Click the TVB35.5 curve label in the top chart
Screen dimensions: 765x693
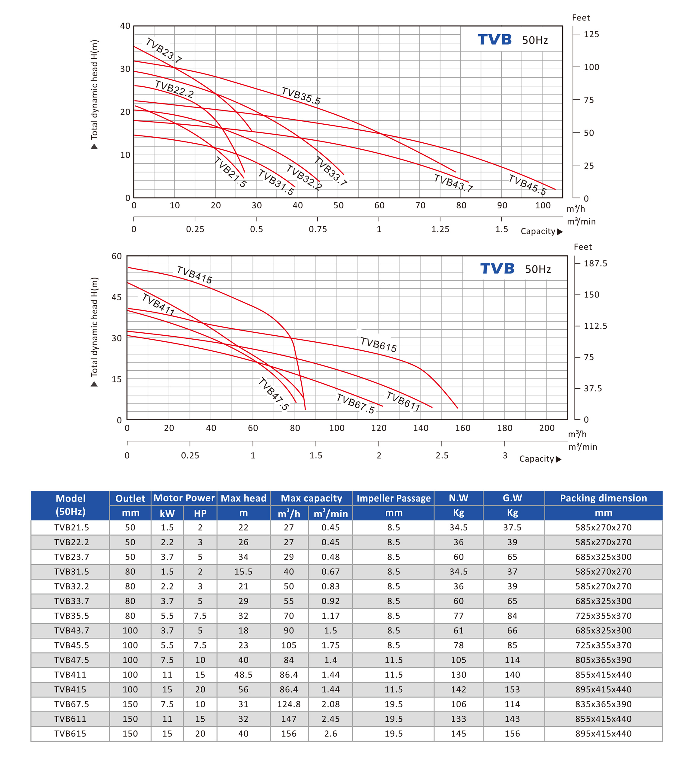[x=301, y=95]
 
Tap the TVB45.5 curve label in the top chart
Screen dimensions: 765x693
[x=527, y=185]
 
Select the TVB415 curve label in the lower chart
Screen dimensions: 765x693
[x=194, y=275]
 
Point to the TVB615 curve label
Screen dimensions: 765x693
[x=378, y=344]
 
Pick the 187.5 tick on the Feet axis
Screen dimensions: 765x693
[x=595, y=263]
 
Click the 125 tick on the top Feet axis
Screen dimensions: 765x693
[x=591, y=34]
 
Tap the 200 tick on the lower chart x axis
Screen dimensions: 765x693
[x=547, y=428]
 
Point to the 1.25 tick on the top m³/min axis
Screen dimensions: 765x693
[x=440, y=229]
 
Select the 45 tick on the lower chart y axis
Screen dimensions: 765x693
[x=117, y=297]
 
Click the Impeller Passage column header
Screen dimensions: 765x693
[x=394, y=498]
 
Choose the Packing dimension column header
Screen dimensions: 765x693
[x=603, y=498]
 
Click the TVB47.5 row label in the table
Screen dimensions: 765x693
[x=71, y=660]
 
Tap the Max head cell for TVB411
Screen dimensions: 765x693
[x=243, y=675]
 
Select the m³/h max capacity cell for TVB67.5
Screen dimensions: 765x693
[x=289, y=704]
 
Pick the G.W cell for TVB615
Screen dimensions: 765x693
[x=512, y=733]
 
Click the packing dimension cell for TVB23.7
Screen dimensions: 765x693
[x=603, y=557]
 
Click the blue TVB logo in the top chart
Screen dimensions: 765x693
[x=494, y=39]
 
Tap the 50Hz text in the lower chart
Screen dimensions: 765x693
[x=538, y=269]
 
